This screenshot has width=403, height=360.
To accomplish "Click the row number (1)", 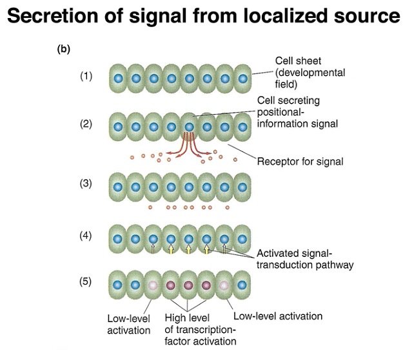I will (86, 76).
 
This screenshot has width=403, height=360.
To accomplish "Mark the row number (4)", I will (86, 235).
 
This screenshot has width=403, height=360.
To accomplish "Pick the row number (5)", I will (86, 282).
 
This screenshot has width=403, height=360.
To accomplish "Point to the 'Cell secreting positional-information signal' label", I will (297, 112).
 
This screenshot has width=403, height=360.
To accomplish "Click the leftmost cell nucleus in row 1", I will (118, 79).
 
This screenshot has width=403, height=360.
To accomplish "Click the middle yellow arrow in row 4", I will (189, 249).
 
